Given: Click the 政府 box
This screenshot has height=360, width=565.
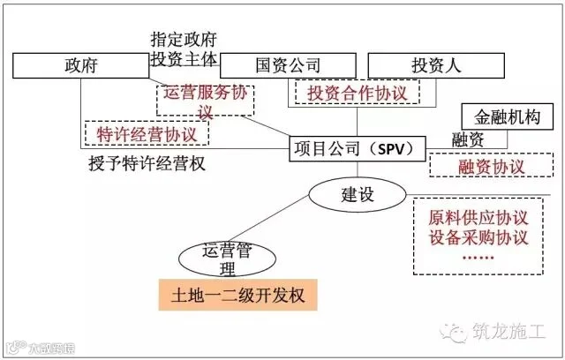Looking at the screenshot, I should (x=80, y=65).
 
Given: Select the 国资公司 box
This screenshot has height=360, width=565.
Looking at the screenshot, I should (x=288, y=65).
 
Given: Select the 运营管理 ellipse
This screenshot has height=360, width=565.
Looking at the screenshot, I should (x=222, y=258).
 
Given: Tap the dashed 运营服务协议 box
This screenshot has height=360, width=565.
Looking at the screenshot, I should (x=206, y=101).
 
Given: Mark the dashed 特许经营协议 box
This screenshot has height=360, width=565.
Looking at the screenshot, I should (x=147, y=133).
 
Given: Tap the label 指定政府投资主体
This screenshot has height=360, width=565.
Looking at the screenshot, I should (x=183, y=49).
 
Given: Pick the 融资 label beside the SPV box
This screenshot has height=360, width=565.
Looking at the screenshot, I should (x=467, y=139).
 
